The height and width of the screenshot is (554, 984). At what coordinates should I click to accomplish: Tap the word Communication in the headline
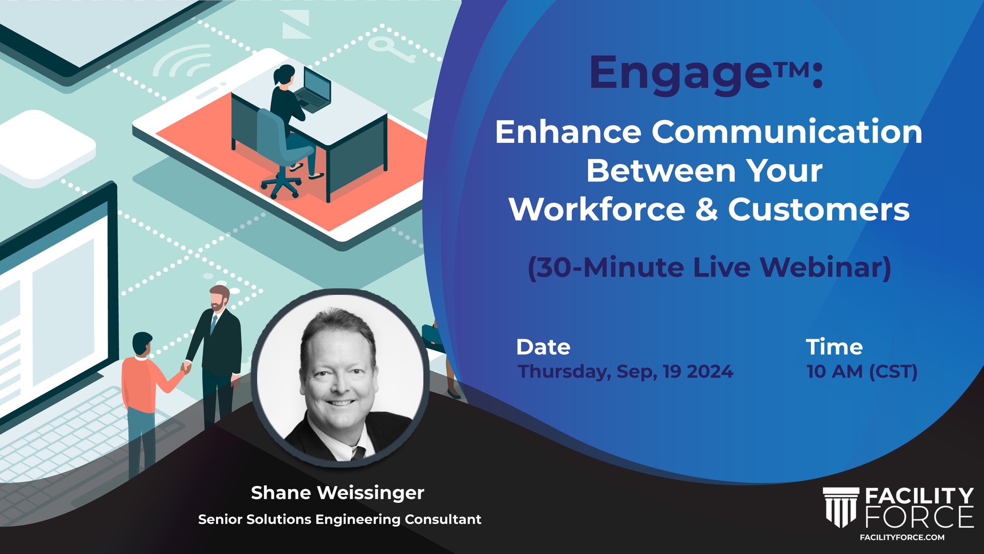tap(787, 132)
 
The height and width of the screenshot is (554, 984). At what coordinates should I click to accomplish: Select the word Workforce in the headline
tap(597, 209)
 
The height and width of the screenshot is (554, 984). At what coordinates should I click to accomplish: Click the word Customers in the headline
tap(819, 209)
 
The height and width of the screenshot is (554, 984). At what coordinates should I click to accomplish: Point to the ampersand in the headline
tap(707, 209)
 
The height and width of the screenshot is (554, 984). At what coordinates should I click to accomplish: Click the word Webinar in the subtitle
tap(825, 267)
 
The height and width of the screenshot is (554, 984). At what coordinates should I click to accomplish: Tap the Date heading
tap(543, 347)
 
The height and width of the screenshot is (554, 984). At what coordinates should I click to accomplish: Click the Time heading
tap(834, 347)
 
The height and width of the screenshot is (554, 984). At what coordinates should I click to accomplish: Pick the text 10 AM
tap(834, 371)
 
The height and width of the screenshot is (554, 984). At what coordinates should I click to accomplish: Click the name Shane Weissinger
tap(338, 493)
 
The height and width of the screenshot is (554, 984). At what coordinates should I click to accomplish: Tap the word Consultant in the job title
tap(443, 519)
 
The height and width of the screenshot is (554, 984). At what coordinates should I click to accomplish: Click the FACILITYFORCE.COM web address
tap(902, 537)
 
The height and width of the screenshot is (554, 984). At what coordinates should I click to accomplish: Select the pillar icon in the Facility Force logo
tap(841, 507)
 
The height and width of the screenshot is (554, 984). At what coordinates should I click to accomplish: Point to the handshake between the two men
tap(185, 367)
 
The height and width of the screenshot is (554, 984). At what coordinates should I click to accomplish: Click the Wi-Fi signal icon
tap(182, 62)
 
